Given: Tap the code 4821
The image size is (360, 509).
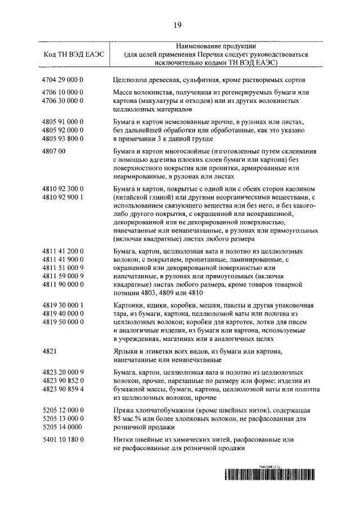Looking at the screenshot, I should coord(50,351).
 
